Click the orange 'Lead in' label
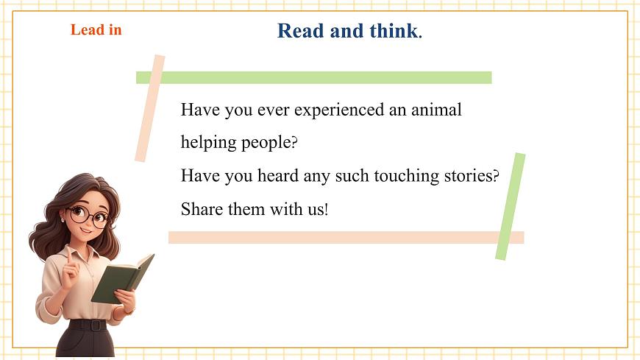coord(96,30)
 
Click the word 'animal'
coord(436,110)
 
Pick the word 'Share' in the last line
coord(202,209)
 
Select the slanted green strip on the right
coord(511,206)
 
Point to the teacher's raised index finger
coord(69,254)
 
